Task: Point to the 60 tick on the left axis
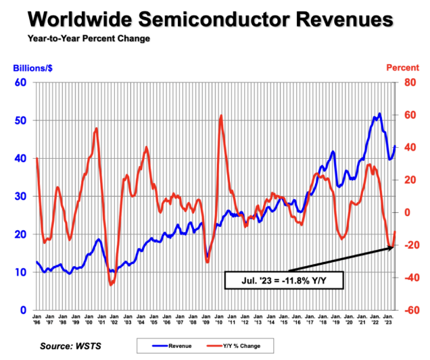tap(20, 82)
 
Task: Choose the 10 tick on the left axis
tap(20, 272)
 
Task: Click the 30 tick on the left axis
tap(20, 197)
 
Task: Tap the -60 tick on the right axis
tap(406, 311)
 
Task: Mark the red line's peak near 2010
tap(221, 116)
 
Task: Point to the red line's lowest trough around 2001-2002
tap(111, 285)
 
